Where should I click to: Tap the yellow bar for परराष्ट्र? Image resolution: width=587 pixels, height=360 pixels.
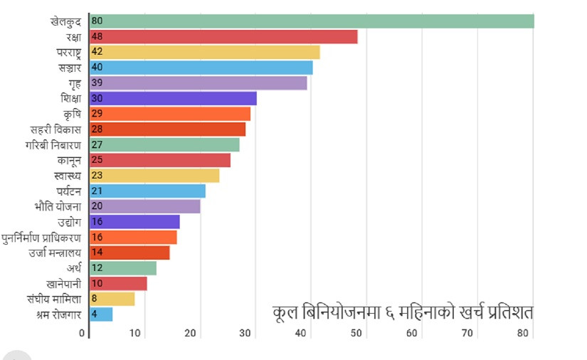pos(205,52)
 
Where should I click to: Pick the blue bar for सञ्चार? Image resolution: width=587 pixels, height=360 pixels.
pos(201,68)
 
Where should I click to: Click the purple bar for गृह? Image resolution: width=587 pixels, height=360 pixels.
pos(199,83)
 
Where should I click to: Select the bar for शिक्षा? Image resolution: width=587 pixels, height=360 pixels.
pos(173,99)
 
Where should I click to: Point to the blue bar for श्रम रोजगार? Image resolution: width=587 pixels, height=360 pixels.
pos(101,314)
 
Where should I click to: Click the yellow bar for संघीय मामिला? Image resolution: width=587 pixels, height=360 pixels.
pos(112,299)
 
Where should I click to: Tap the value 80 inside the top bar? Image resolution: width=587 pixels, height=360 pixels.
pos(97,21)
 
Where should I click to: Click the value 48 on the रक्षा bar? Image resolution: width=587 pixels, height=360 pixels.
pos(97,37)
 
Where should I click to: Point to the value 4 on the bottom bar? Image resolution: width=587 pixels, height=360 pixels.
pos(95,314)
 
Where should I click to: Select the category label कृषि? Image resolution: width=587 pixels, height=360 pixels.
pos(72,114)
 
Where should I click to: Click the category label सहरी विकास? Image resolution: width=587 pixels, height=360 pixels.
pos(55,129)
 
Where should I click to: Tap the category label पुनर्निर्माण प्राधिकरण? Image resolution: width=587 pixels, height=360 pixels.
pos(41,237)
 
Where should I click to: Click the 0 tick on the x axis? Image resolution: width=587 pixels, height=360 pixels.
pos(83,333)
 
